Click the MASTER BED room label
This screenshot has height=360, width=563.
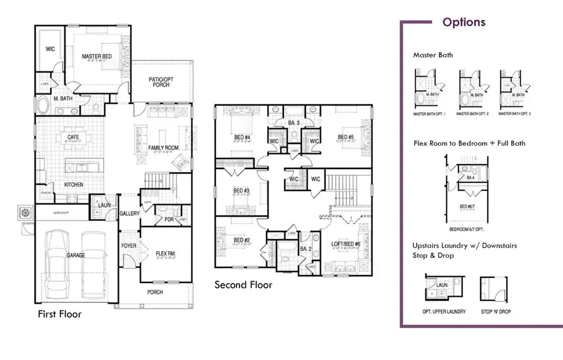[x=97, y=57]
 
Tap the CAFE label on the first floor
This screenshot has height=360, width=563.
[x=72, y=136]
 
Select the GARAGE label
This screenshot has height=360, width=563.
[x=76, y=255]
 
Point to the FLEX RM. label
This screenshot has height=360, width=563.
[x=165, y=254]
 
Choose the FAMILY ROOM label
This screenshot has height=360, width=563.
[x=163, y=148]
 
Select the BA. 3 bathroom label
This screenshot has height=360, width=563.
[x=295, y=122]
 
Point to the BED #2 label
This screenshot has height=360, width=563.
[x=242, y=240]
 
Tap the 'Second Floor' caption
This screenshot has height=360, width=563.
[x=243, y=285]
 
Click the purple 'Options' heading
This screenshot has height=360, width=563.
[x=464, y=23]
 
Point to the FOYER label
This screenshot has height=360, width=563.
[x=128, y=245]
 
